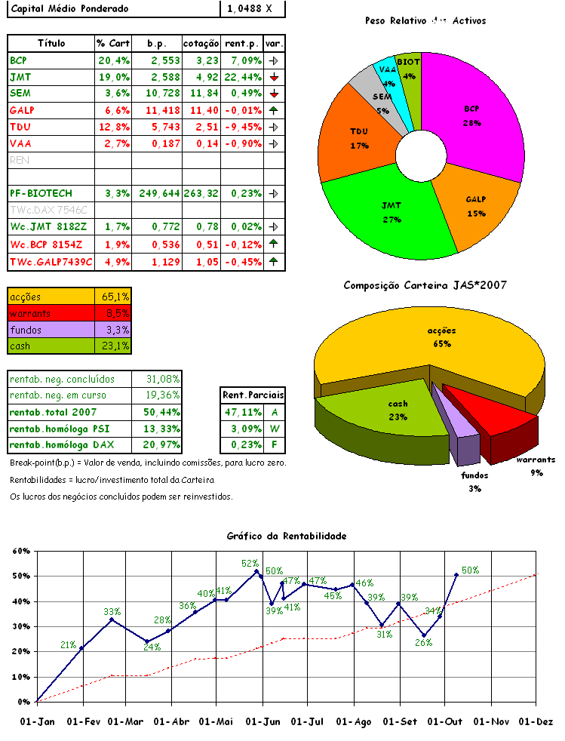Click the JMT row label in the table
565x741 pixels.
(x=20, y=77)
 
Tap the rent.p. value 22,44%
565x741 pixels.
(x=241, y=77)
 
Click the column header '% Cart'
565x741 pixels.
(x=113, y=43)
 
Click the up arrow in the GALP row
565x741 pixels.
(x=274, y=110)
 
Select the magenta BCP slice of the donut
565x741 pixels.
(x=475, y=121)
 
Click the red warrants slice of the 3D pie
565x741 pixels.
(x=490, y=419)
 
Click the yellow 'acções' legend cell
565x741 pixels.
(x=51, y=297)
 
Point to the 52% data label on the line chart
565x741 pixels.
(x=250, y=563)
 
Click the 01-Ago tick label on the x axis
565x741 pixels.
(x=355, y=721)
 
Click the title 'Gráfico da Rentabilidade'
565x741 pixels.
(x=287, y=536)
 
